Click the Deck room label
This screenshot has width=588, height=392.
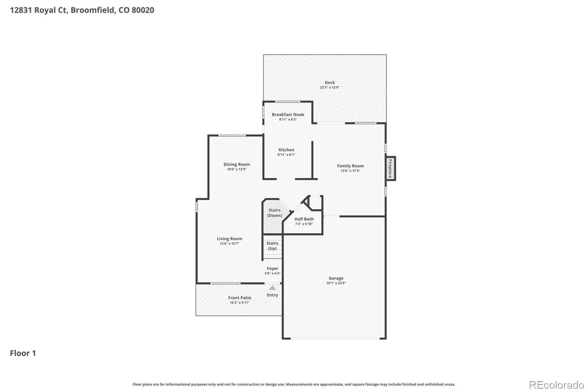(x=330, y=82)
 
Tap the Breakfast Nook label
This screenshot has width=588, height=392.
(x=288, y=115)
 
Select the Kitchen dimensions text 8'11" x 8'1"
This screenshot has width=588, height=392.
(x=286, y=155)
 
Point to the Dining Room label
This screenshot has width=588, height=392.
(x=237, y=164)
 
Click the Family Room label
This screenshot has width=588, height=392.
(x=351, y=166)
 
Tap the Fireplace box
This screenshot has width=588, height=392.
(x=391, y=168)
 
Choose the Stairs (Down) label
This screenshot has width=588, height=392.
(x=275, y=213)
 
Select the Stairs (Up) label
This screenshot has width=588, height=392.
(x=272, y=246)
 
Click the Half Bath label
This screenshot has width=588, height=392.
(x=304, y=219)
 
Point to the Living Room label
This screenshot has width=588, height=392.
(x=229, y=239)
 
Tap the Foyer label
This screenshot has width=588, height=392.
(x=272, y=268)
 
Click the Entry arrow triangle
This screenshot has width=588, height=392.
(x=272, y=288)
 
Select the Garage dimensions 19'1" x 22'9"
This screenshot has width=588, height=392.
(x=336, y=283)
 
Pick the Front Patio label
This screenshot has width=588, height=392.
(x=240, y=298)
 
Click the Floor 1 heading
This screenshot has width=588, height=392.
(x=23, y=353)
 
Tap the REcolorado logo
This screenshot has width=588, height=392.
(x=556, y=385)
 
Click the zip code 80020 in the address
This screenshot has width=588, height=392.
(x=143, y=10)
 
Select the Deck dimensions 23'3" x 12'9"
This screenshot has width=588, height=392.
(x=330, y=88)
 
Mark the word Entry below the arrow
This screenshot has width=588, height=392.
(x=272, y=295)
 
